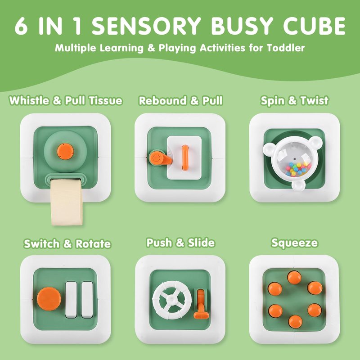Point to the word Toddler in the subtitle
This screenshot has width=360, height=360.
286,48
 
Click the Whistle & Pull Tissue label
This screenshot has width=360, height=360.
66,100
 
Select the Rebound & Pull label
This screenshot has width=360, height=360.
181,100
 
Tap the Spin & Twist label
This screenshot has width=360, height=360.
295,100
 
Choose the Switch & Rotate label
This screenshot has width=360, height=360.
67,243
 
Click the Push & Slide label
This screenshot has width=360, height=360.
180,243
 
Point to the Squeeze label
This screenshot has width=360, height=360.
295,243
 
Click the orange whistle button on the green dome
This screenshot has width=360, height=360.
65,151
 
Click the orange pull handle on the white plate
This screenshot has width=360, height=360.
185,157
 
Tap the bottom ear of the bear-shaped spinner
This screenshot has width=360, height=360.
298,185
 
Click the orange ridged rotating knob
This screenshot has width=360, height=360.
49,299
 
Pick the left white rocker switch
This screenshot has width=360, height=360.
71,300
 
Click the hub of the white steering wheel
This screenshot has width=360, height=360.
171,300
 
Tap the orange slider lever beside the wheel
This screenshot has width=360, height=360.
201,305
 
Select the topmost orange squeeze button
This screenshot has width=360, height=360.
294,277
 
